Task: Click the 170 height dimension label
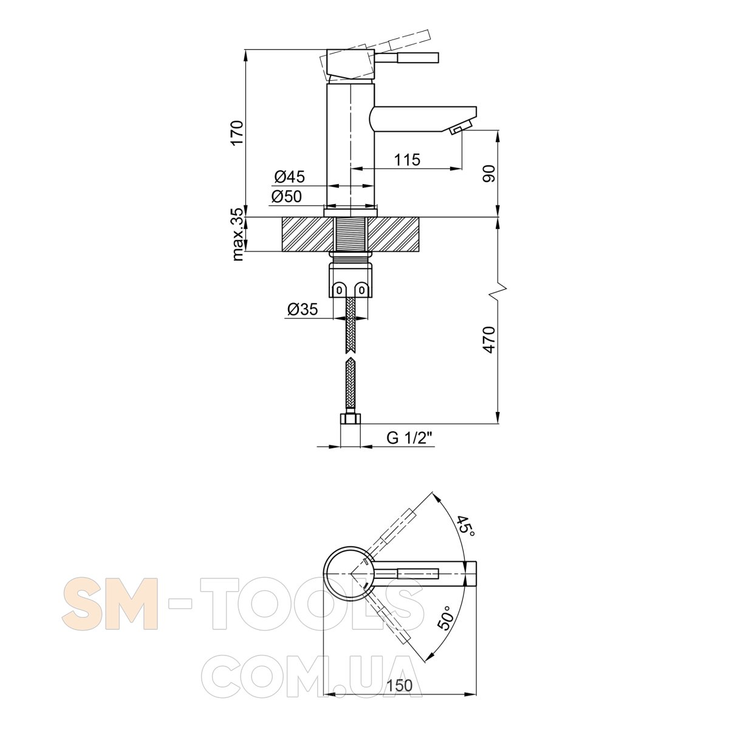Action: [236, 133]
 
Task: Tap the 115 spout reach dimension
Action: [407, 160]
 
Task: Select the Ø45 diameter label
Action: [289, 176]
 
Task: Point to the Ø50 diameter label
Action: [287, 196]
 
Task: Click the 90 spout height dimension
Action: [488, 173]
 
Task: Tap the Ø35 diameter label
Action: [303, 309]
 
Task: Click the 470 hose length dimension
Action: [489, 340]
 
